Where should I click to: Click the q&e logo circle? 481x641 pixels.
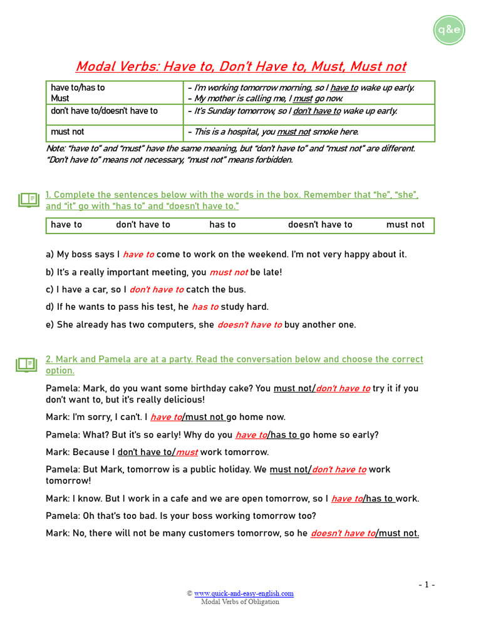point(449,29)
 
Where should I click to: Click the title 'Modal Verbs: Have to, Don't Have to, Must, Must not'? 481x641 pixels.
point(240,66)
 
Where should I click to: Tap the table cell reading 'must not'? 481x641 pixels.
point(68,132)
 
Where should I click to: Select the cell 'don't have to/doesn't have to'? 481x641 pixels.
point(104,111)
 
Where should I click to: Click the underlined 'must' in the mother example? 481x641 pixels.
point(303,98)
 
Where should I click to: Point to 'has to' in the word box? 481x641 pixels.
point(222,225)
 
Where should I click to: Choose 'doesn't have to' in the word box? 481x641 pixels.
point(320,225)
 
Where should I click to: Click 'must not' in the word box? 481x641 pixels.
point(405,225)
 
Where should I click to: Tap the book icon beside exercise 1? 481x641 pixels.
point(28,200)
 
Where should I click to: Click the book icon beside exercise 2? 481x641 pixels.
point(26,364)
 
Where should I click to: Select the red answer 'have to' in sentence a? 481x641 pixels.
point(138,255)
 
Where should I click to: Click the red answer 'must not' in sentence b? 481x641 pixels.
point(229,272)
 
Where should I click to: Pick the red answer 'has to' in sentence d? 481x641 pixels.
point(205,307)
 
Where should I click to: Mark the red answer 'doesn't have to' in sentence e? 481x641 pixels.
point(249,325)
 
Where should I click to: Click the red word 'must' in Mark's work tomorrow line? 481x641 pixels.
point(187,452)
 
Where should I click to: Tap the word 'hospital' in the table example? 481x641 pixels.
point(242,132)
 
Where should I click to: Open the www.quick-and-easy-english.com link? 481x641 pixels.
point(244,593)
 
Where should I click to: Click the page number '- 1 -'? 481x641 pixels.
point(427,585)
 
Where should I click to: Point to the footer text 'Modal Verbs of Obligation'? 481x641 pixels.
point(240,602)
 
